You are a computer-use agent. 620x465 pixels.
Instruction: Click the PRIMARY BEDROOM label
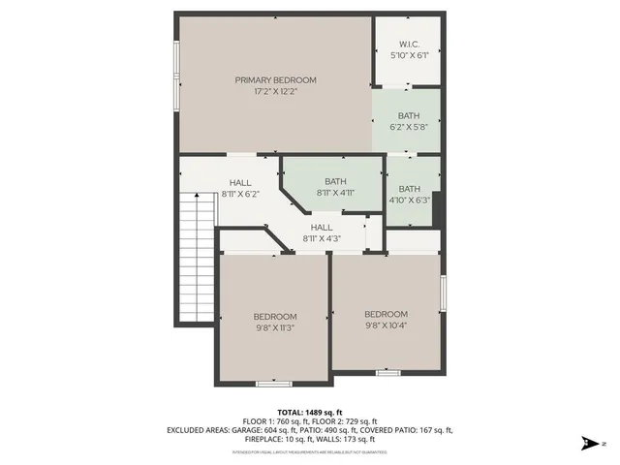point(275,79)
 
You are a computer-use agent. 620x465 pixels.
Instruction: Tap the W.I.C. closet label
point(408,45)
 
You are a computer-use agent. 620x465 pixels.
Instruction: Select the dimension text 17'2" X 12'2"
point(275,92)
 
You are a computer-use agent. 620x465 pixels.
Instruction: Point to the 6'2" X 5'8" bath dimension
point(408,126)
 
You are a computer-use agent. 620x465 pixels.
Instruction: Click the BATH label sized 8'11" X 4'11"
point(335,181)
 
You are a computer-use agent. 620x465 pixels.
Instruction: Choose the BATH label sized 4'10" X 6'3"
point(410,189)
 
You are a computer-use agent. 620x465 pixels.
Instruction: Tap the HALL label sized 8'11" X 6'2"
point(240,182)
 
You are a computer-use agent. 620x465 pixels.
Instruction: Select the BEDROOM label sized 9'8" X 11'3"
point(275,317)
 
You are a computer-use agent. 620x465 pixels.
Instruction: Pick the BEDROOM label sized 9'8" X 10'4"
point(386,314)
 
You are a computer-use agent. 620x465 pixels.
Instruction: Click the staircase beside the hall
point(196,256)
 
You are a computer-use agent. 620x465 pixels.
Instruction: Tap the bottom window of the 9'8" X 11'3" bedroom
point(274,385)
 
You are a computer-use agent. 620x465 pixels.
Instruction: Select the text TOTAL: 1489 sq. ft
point(310,412)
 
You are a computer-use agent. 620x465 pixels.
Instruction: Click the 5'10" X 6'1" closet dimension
point(408,55)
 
